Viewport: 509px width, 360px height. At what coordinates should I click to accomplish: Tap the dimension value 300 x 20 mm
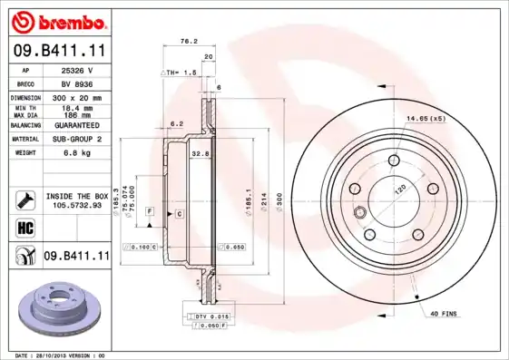(76, 97)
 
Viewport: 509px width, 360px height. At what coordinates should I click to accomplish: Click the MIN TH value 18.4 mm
(76, 107)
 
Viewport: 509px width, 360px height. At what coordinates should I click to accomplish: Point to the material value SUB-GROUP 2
(76, 139)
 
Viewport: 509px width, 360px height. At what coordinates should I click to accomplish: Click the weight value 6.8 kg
(76, 153)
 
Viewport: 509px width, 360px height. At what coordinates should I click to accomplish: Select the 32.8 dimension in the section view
(201, 154)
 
